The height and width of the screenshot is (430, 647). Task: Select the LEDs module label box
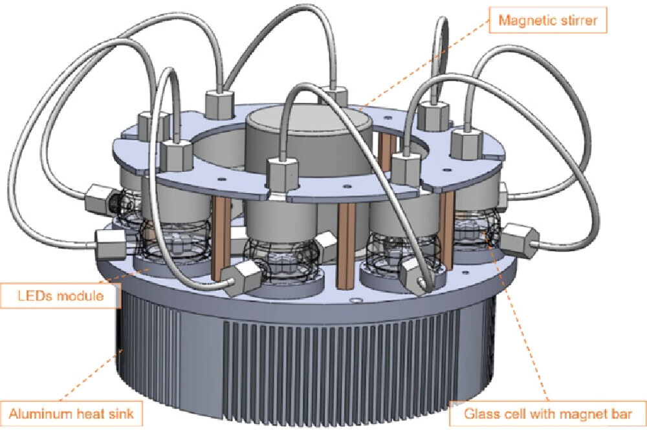pyautogui.click(x=62, y=298)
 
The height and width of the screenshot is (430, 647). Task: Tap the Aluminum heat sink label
pyautogui.click(x=71, y=412)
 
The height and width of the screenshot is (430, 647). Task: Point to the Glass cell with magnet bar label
pyautogui.click(x=547, y=413)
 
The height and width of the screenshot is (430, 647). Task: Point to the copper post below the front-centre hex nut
pyautogui.click(x=347, y=246)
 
